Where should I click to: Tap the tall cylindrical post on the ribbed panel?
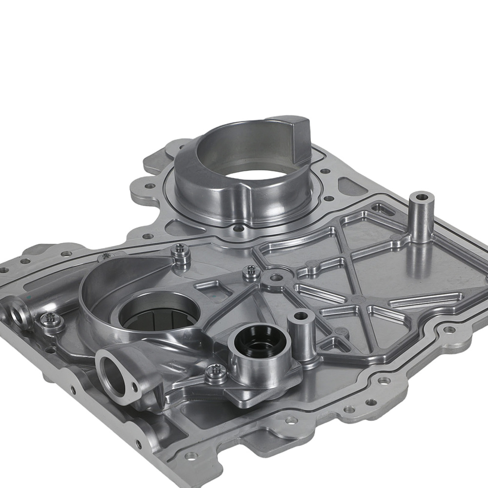pos(421,220)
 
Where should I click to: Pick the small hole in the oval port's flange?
pos(135,388)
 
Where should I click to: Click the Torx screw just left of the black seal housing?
pos(215,373)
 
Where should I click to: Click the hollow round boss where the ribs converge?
pos(276,278)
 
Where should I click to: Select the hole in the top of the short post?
pos(301,316)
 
